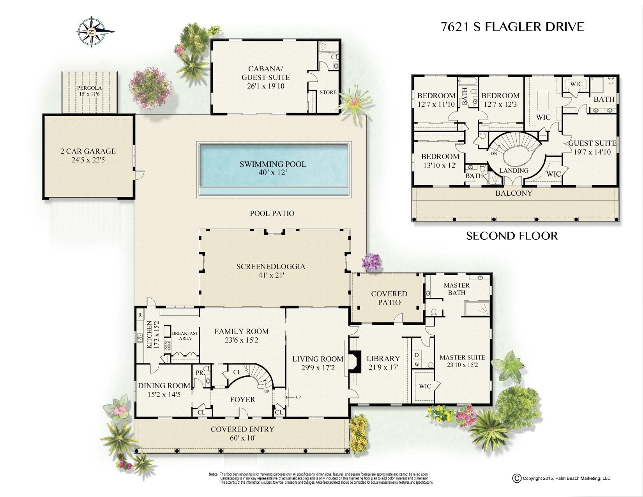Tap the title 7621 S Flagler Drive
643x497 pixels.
pyautogui.click(x=512, y=27)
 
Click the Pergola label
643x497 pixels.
pyautogui.click(x=89, y=88)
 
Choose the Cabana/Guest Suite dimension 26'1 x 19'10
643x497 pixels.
pyautogui.click(x=266, y=86)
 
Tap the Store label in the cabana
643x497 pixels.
pyautogui.click(x=328, y=92)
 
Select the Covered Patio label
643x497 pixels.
pyautogui.click(x=389, y=298)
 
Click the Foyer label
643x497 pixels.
pyautogui.click(x=243, y=400)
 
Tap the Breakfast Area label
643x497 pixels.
pyautogui.click(x=185, y=336)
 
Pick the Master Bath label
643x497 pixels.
pyautogui.click(x=457, y=289)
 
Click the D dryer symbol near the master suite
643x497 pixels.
pyautogui.click(x=417, y=355)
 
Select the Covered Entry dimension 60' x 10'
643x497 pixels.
pyautogui.click(x=243, y=438)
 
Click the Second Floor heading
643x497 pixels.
pyautogui.click(x=512, y=236)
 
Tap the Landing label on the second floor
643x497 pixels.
pyautogui.click(x=514, y=171)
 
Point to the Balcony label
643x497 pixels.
pyautogui.click(x=514, y=193)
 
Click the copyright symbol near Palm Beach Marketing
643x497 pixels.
pyautogui.click(x=517, y=478)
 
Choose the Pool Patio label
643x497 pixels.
pyautogui.click(x=272, y=214)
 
